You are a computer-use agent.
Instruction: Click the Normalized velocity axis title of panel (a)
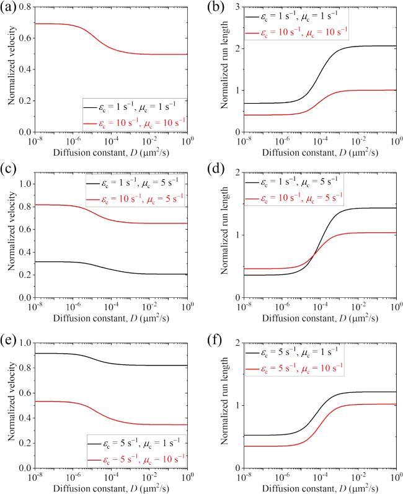[9, 70]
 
